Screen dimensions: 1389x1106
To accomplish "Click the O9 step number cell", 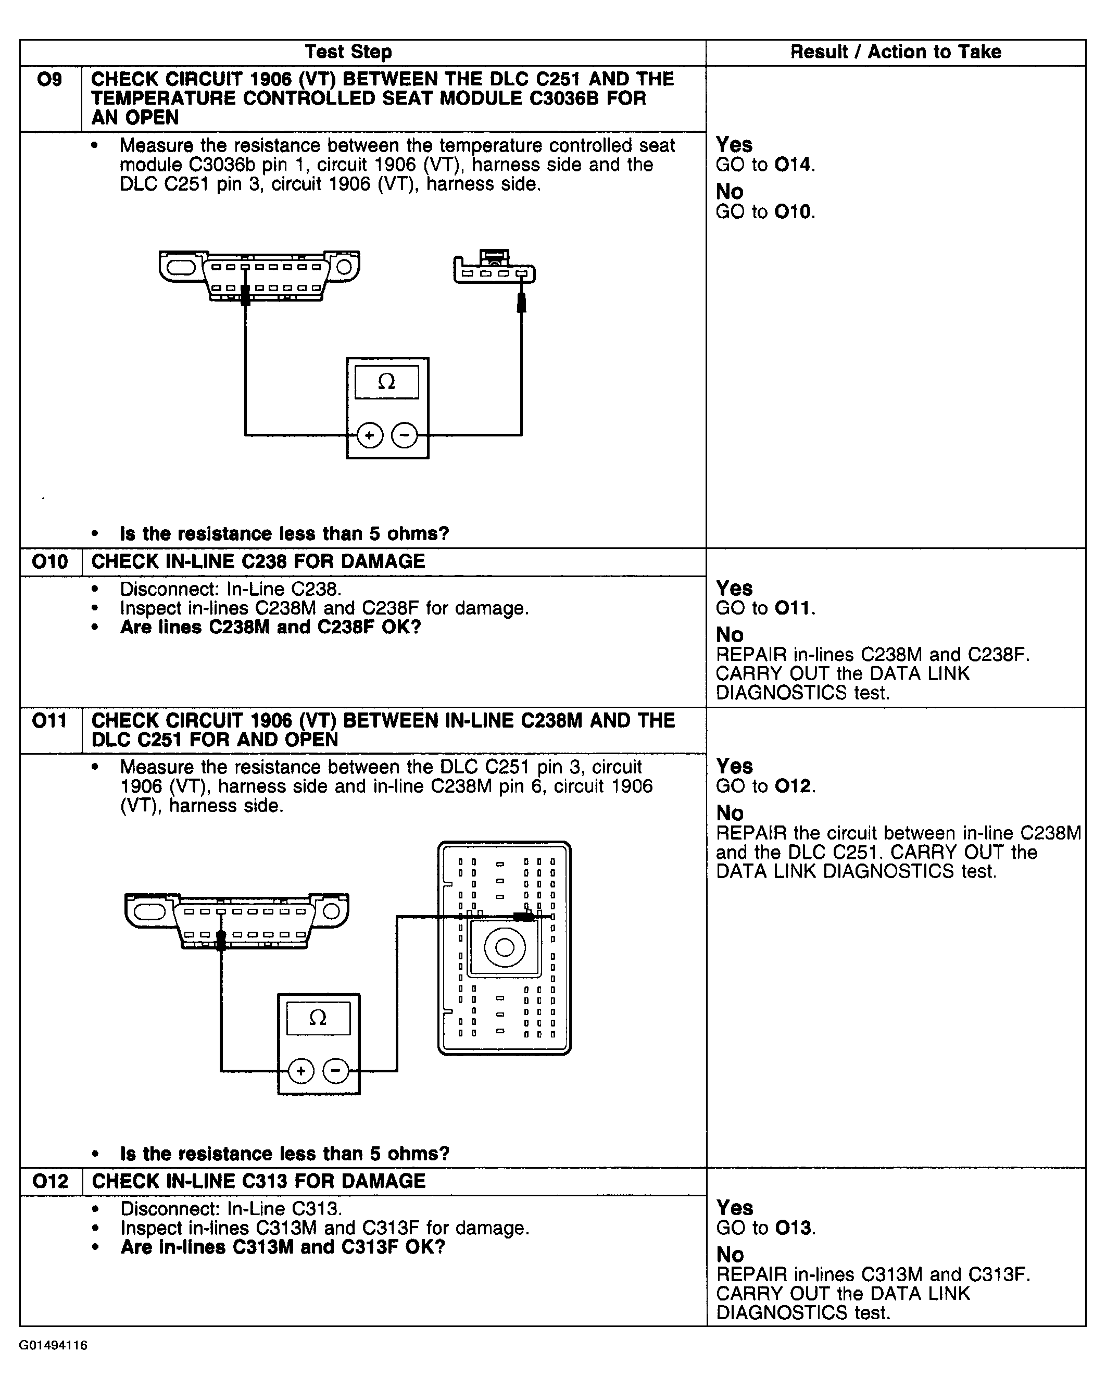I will click(x=49, y=79).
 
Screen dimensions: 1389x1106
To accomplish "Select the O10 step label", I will click(x=49, y=562).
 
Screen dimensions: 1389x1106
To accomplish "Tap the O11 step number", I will click(x=49, y=720).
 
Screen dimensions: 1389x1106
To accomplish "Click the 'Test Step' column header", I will click(x=348, y=52).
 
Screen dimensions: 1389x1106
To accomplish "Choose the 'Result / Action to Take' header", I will click(x=895, y=52).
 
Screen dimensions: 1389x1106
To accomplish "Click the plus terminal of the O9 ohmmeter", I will click(x=370, y=435).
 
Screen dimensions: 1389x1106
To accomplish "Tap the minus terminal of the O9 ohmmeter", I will click(x=405, y=435).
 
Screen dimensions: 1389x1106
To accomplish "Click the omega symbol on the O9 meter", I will click(x=386, y=382).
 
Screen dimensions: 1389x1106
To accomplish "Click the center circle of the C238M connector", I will click(x=505, y=947).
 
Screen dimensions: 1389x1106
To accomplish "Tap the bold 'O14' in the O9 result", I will click(x=793, y=165).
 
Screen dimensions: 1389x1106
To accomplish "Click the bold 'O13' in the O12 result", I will click(x=793, y=1228).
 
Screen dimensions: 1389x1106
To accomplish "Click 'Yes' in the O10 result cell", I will click(x=734, y=588).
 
